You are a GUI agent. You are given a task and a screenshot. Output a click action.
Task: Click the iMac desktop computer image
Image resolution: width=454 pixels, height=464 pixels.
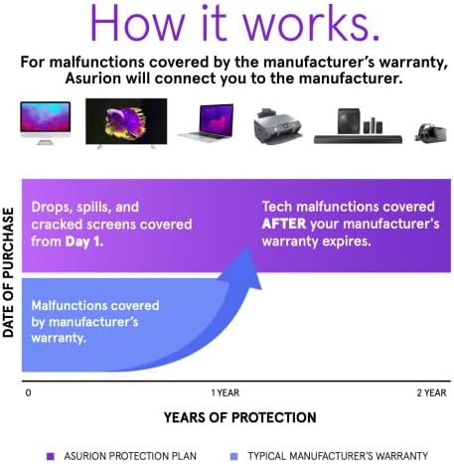[45, 120]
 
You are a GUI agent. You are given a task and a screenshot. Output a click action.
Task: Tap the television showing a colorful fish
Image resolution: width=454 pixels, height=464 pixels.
[125, 120]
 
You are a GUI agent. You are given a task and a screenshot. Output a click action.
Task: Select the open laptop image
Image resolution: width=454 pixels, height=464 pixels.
[207, 125]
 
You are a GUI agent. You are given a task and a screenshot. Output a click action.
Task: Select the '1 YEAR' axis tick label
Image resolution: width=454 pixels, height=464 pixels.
[226, 393]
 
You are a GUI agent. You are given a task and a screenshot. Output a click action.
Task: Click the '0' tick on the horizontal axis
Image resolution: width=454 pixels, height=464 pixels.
[29, 393]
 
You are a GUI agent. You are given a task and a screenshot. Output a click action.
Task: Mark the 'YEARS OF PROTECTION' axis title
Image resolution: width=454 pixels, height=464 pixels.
[227, 417]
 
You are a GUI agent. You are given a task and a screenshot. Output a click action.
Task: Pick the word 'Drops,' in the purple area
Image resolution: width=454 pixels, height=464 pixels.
[56, 207]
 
